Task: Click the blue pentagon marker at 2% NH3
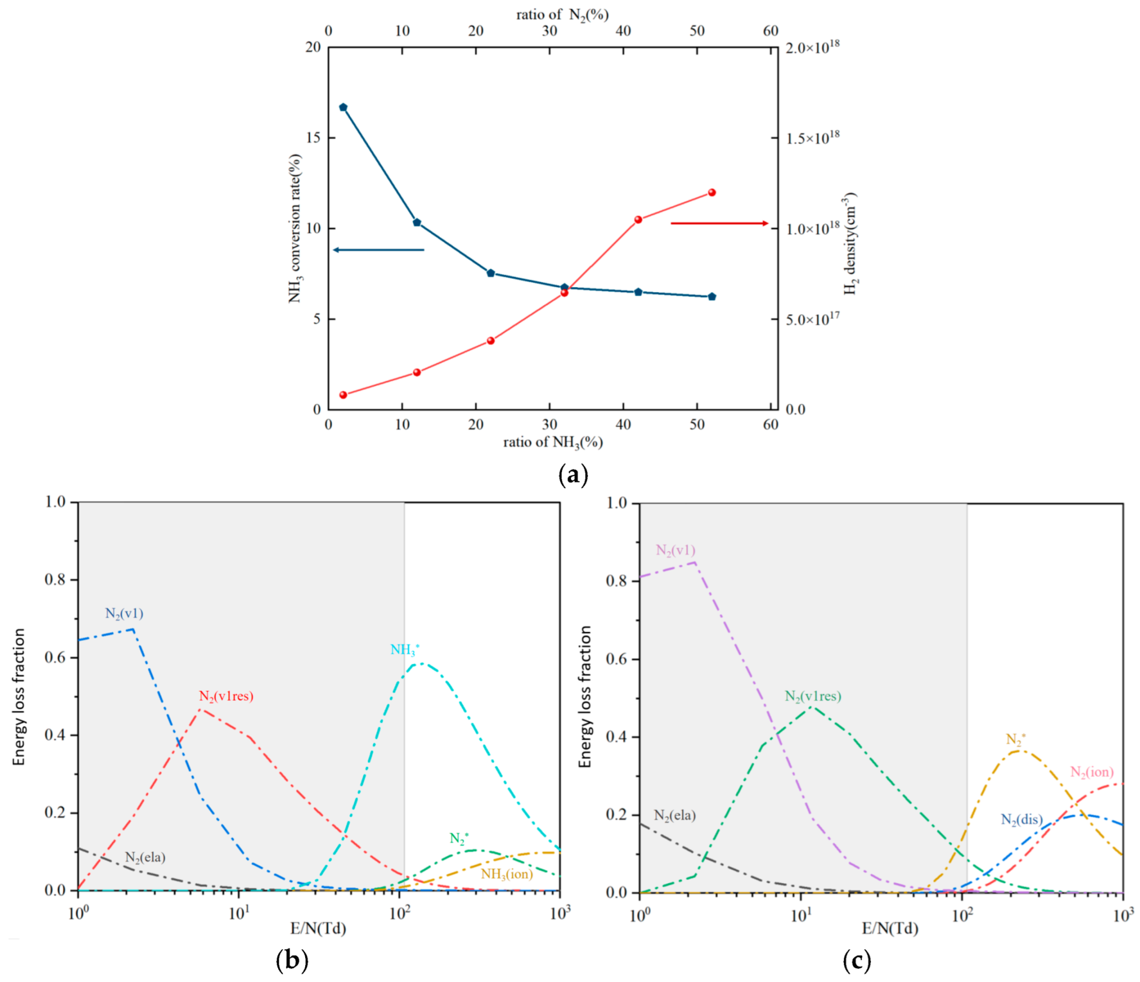click(343, 107)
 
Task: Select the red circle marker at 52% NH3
click(712, 193)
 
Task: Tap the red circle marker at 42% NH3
click(638, 219)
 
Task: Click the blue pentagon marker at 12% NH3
click(417, 222)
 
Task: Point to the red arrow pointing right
click(720, 223)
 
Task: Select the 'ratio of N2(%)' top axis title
click(563, 15)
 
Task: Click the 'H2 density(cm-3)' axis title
click(851, 243)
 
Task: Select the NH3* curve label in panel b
click(405, 650)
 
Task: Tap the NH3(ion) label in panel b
click(507, 874)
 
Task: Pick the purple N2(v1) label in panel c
click(675, 550)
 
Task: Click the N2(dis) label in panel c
click(1022, 820)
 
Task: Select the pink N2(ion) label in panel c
click(1092, 773)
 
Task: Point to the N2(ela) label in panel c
click(675, 815)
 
